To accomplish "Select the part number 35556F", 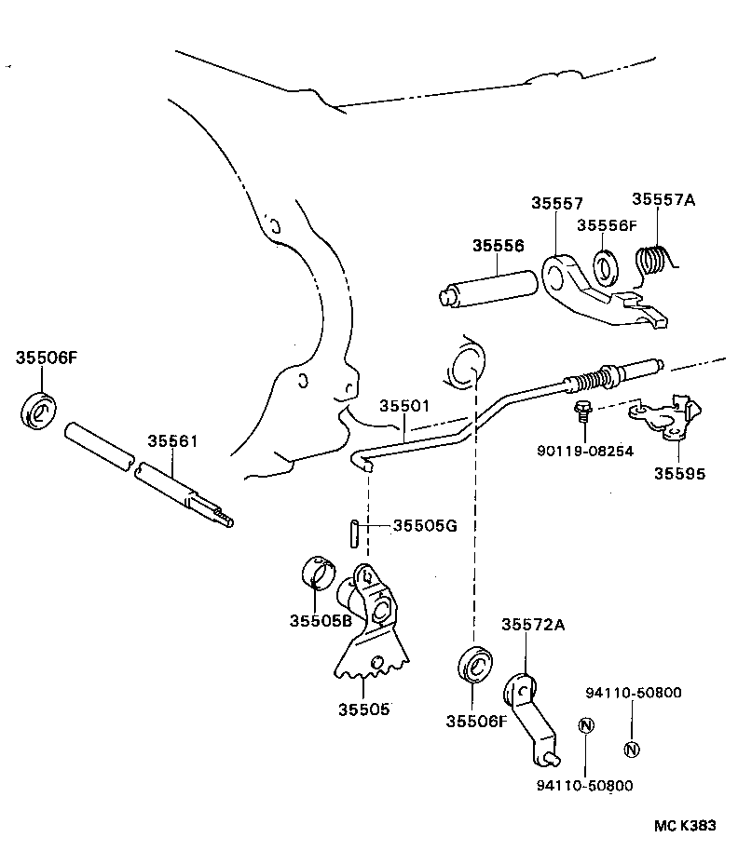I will (x=606, y=225).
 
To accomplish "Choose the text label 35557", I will (x=557, y=203).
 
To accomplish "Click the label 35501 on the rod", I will (x=404, y=407).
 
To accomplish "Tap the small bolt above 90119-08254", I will (x=581, y=409).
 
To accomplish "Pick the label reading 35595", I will (x=679, y=473).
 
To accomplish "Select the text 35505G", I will (x=424, y=526).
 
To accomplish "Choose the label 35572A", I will (x=533, y=625).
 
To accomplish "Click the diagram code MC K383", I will (x=684, y=826).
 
